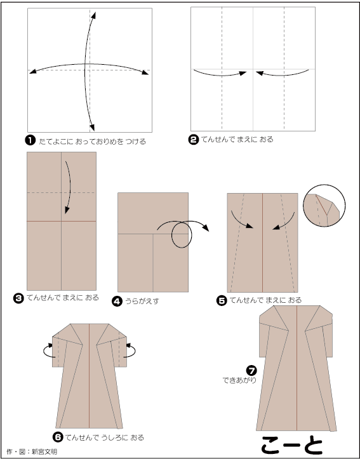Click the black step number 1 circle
click(x=30, y=141)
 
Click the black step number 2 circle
click(x=193, y=140)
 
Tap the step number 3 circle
click(x=19, y=298)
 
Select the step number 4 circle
click(x=117, y=301)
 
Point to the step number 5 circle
click(x=222, y=301)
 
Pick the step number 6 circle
click(x=58, y=437)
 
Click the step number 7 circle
click(x=251, y=371)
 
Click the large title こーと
click(x=292, y=445)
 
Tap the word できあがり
click(x=239, y=380)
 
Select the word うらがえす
click(x=142, y=301)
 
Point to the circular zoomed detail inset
click(x=324, y=206)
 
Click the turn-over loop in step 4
click(x=182, y=235)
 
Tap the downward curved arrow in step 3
click(x=70, y=187)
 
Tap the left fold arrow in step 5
click(x=241, y=220)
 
